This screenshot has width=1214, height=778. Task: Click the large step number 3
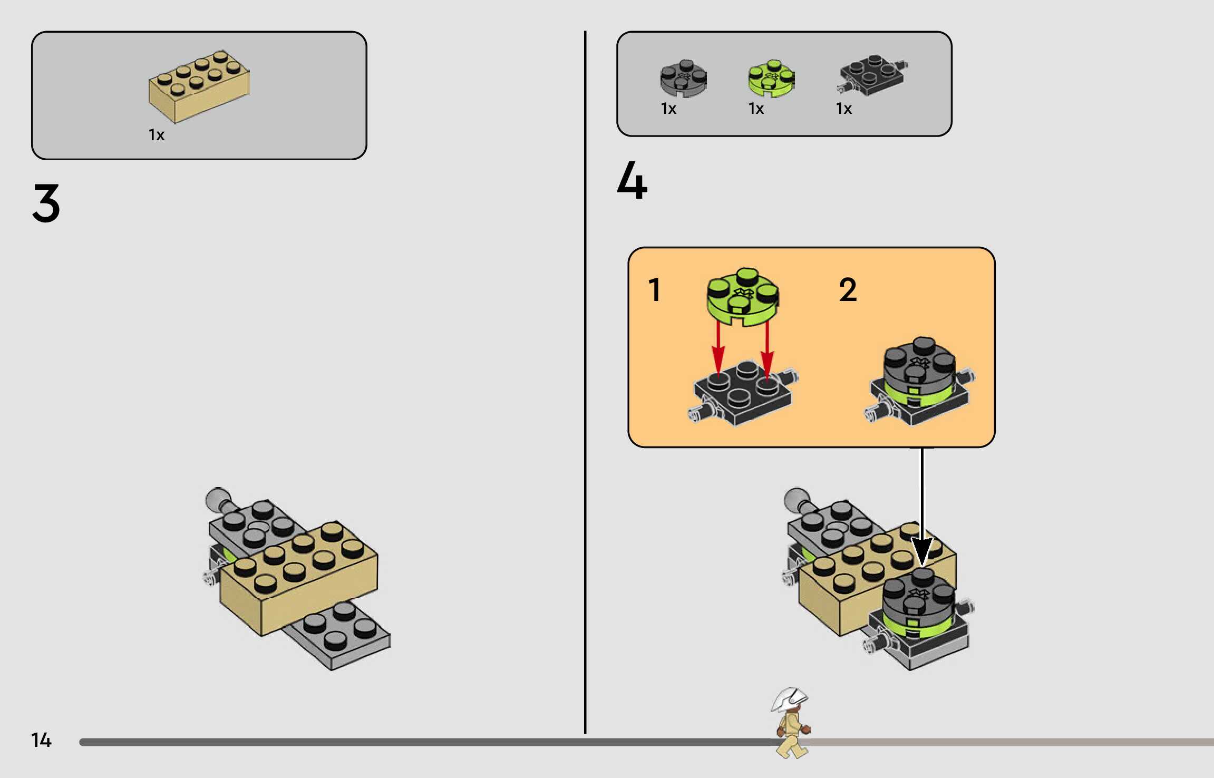click(46, 203)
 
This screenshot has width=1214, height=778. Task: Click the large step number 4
click(632, 181)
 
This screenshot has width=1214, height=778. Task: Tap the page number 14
click(41, 740)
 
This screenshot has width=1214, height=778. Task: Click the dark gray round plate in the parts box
click(683, 79)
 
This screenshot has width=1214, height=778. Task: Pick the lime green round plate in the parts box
click(771, 79)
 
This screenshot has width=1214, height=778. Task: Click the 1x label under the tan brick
click(157, 135)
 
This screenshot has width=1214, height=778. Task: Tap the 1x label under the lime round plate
click(756, 109)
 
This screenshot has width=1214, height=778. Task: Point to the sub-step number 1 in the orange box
click(654, 290)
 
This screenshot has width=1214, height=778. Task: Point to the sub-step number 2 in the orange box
click(848, 290)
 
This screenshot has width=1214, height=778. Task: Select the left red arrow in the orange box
click(718, 351)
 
